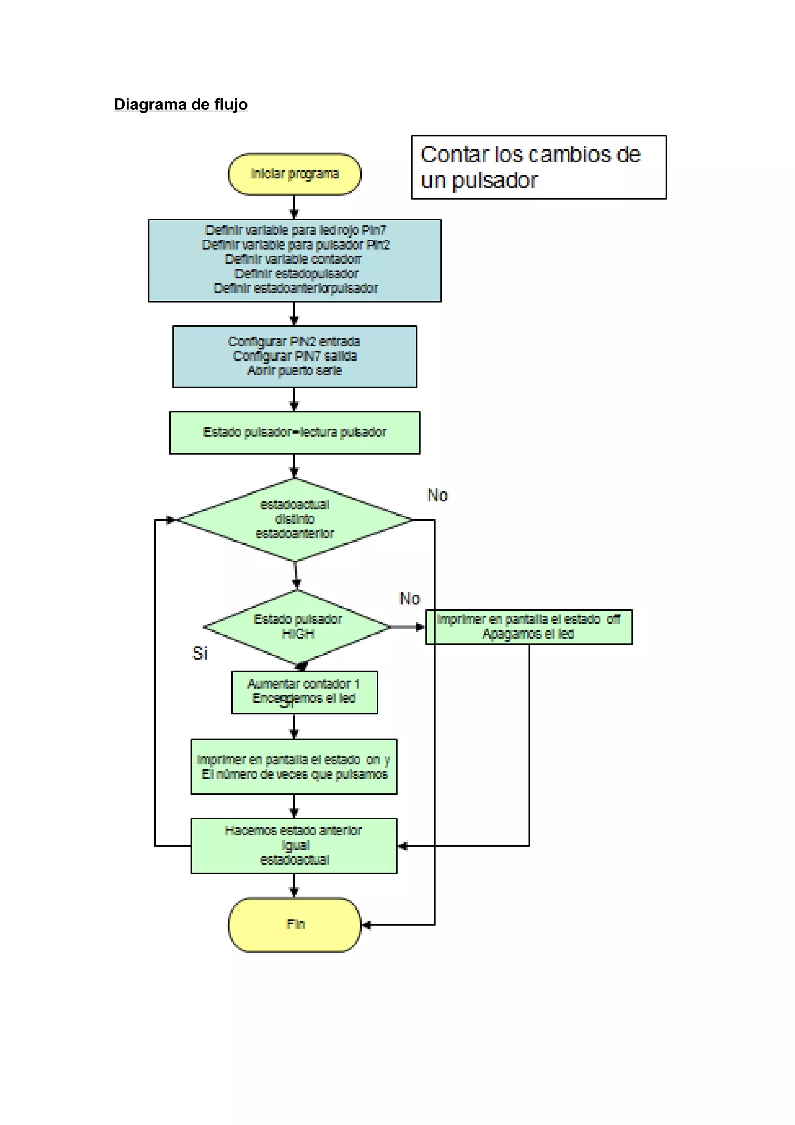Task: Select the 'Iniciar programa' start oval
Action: [294, 174]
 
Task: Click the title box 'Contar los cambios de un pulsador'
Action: [538, 167]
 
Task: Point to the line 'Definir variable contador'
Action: [293, 259]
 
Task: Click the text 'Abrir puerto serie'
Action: [294, 371]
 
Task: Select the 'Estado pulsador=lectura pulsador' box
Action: [294, 432]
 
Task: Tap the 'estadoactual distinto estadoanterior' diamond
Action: [294, 519]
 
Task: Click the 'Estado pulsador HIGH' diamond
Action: [297, 627]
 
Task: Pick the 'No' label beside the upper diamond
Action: [437, 495]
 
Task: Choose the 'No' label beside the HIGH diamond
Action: [410, 599]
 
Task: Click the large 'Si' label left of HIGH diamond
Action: [200, 653]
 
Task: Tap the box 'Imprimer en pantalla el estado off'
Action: [529, 627]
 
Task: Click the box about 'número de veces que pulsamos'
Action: [294, 767]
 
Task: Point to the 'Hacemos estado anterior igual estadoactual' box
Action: [294, 845]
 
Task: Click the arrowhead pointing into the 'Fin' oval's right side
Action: [366, 925]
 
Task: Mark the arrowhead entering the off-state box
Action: [420, 627]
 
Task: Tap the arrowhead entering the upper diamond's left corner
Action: [170, 520]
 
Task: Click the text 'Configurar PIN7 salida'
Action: [294, 356]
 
